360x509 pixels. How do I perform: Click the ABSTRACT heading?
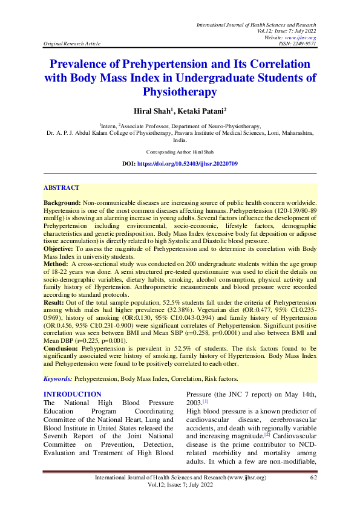tap(62, 189)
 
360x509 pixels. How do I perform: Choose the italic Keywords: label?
tap(57, 378)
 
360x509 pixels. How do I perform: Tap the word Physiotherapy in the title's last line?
tap(179, 92)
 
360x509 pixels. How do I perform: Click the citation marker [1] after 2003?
tap(206, 401)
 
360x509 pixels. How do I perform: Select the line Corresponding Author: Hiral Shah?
tap(180, 152)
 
